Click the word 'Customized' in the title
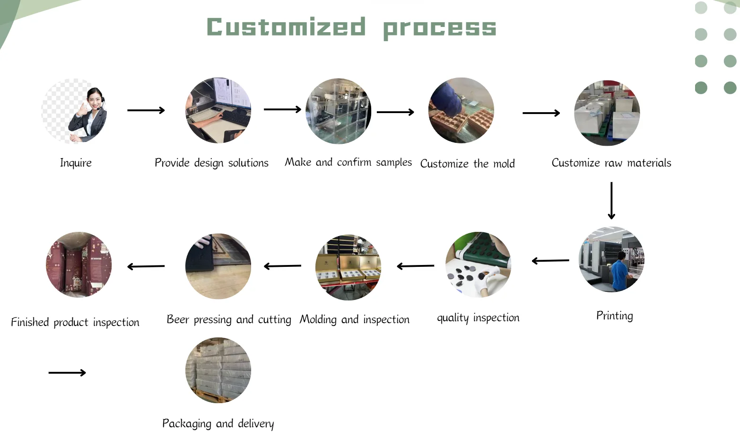click(286, 26)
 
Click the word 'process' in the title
click(440, 29)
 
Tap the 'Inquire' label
click(76, 163)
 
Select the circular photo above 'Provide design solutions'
click(218, 110)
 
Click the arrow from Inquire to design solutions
click(146, 110)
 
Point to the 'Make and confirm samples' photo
click(338, 111)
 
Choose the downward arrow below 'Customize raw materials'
click(611, 200)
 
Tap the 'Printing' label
click(615, 316)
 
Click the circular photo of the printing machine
click(611, 259)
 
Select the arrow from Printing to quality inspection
click(550, 261)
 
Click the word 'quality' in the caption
click(453, 318)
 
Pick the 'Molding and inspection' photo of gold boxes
click(348, 267)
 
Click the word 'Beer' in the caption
click(178, 319)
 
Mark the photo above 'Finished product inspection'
click(78, 265)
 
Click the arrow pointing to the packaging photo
click(67, 372)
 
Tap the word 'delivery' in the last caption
click(256, 424)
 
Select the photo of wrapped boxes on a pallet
click(218, 370)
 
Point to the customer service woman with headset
click(88, 115)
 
